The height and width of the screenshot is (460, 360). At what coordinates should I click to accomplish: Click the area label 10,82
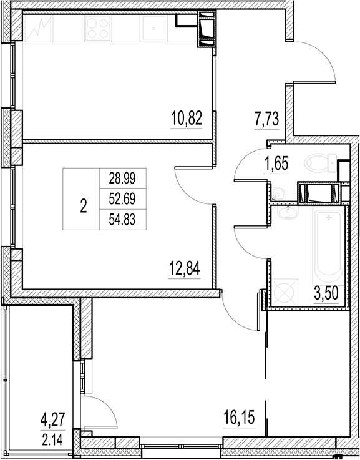coord(186,117)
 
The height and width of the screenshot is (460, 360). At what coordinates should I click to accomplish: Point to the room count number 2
coord(84,207)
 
